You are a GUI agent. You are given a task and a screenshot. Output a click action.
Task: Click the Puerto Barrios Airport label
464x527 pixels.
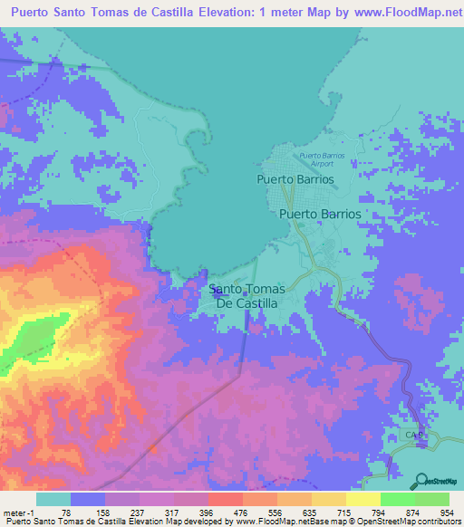[x=322, y=160]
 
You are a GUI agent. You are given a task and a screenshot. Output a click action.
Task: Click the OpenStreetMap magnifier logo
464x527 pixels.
[x=420, y=481]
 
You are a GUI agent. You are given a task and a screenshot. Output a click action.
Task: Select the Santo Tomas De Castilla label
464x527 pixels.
[x=247, y=296]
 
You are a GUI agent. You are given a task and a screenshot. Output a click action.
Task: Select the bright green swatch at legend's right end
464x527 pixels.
[x=431, y=499]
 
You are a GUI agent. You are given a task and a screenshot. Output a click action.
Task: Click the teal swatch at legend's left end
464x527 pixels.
[x=53, y=499]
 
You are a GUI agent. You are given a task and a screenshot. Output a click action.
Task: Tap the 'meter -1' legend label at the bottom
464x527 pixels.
[x=17, y=512]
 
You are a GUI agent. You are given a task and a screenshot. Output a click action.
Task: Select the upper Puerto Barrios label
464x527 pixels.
[x=295, y=179]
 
